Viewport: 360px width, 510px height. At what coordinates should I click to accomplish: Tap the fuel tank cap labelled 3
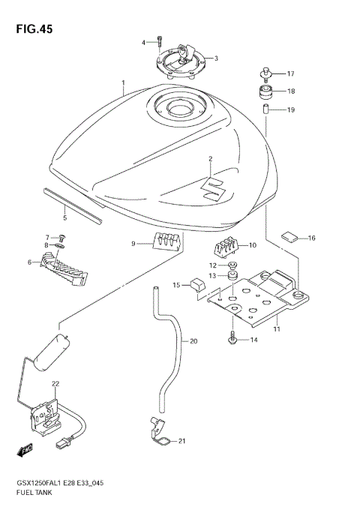point(180,59)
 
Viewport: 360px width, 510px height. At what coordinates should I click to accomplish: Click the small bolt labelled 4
point(160,42)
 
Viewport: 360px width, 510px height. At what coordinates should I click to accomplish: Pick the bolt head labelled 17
point(266,73)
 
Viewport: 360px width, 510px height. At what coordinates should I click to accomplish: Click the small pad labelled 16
point(290,237)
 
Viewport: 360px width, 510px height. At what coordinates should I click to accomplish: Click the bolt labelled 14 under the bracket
point(233,340)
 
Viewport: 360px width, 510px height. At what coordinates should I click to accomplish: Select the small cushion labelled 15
point(197,286)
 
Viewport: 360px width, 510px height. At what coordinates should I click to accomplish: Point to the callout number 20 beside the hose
point(193,341)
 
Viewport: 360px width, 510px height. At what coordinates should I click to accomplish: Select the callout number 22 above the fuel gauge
point(55,383)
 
